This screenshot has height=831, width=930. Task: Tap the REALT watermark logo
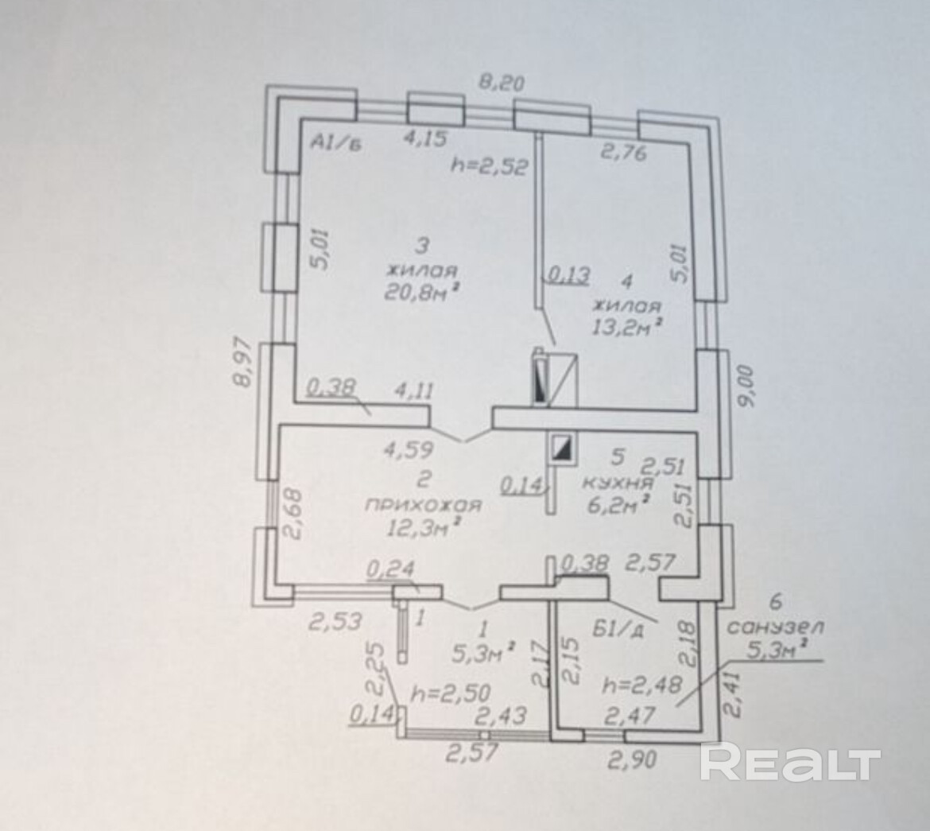790,764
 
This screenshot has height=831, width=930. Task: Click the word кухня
618,482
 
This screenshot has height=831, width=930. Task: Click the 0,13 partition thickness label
567,276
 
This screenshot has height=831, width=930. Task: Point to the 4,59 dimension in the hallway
408,449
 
